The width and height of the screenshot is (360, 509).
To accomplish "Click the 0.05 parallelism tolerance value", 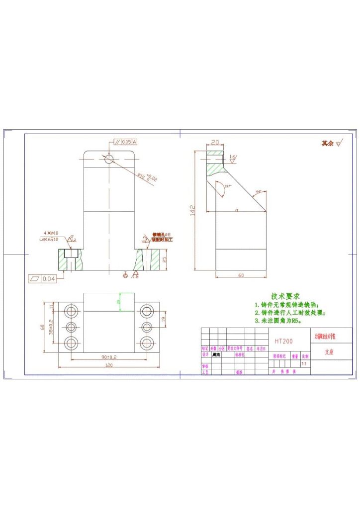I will (x=127, y=142).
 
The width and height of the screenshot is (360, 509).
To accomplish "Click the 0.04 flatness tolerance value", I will (x=49, y=279).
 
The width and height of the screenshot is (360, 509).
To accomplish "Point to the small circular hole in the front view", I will (x=109, y=159).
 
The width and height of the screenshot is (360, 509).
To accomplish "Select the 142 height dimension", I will (x=192, y=210).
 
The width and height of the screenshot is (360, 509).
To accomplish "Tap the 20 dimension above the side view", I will (x=215, y=142).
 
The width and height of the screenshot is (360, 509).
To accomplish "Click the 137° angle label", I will (x=228, y=186).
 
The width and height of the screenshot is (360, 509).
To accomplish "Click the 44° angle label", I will (x=259, y=191).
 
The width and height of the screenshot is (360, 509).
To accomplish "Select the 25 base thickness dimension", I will (x=165, y=259).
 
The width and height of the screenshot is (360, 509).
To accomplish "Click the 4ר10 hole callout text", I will (x=51, y=233).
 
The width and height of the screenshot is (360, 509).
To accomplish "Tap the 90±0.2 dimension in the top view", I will (x=109, y=357).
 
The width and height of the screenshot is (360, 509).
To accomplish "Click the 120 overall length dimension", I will (x=109, y=365).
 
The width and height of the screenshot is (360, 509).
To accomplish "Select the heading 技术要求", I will (x=285, y=296).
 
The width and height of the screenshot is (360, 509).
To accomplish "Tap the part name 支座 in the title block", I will (x=329, y=351).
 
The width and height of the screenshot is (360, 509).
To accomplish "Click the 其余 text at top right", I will (x=327, y=143).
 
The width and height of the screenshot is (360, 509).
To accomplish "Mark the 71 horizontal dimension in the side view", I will (x=237, y=211).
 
